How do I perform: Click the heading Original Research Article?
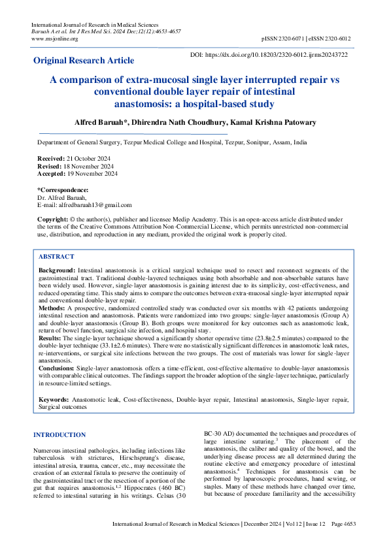[x=84, y=61]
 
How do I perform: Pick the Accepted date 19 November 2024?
[x=93, y=174]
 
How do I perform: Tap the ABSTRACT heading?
[x=56, y=257]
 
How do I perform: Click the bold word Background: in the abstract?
[x=57, y=270]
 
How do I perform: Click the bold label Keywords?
[x=54, y=398]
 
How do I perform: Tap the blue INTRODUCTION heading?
[x=59, y=434]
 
